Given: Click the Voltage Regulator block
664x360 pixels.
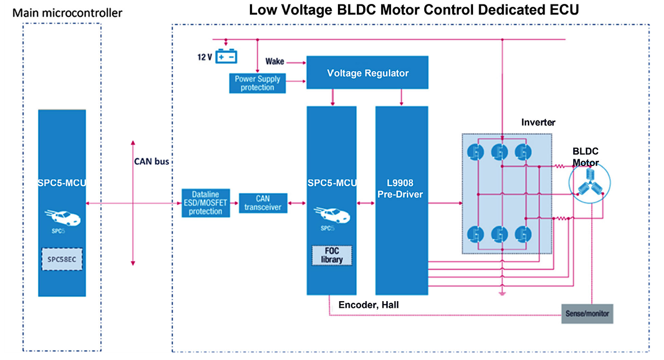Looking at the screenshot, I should tap(368, 73).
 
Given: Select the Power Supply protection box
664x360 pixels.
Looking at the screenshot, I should tap(258, 83).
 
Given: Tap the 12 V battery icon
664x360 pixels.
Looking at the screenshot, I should tap(227, 57).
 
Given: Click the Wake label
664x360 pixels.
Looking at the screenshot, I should tap(275, 61).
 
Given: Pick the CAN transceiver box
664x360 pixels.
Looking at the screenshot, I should tap(263, 203).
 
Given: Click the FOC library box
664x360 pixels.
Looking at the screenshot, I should tap(332, 256).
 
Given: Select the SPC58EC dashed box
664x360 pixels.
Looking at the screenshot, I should tap(62, 259).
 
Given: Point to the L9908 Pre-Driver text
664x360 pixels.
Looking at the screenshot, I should tap(401, 188).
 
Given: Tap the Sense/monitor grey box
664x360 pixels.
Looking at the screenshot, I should tap(587, 313).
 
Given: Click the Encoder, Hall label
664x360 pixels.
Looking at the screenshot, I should tap(368, 304).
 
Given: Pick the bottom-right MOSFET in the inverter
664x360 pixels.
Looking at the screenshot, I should tap(522, 233).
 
